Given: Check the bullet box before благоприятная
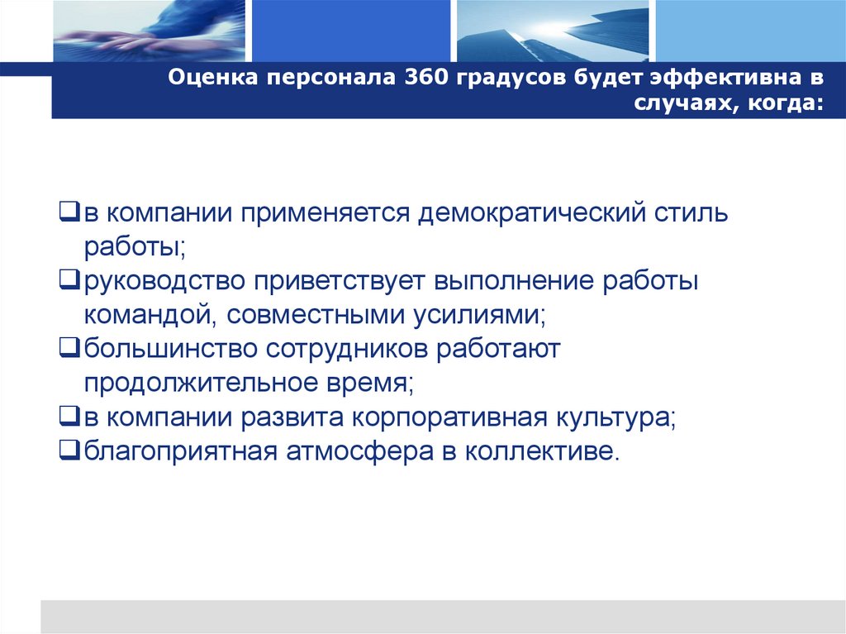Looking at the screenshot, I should pyautogui.click(x=69, y=450).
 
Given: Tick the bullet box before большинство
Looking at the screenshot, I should pyautogui.click(x=69, y=349).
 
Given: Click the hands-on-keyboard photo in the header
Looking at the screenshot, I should pyautogui.click(x=150, y=31).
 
